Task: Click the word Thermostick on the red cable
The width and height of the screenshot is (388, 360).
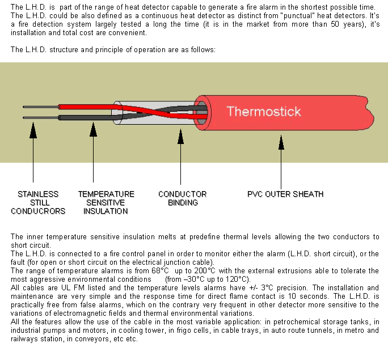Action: [264, 111]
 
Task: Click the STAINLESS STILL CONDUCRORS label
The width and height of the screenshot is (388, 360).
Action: [37, 202]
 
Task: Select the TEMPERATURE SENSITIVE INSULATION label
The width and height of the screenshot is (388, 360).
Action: [106, 202]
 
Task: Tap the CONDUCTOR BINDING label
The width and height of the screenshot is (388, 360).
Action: [182, 198]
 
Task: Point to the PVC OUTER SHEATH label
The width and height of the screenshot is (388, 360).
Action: [285, 194]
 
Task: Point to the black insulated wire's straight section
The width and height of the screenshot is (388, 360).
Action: [85, 117]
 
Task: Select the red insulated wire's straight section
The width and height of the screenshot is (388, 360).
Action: [85, 107]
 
